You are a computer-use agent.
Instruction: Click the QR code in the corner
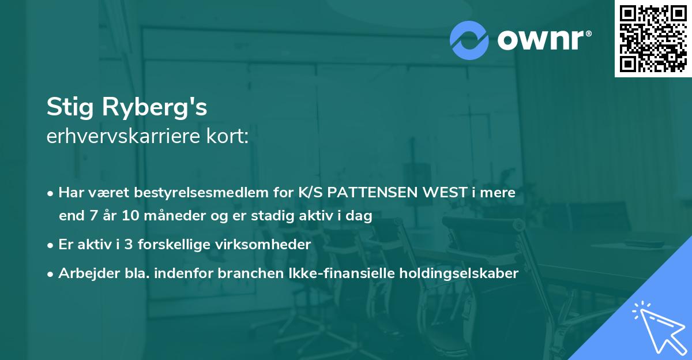pos(653,39)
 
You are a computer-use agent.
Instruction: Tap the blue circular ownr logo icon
pos(469,40)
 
